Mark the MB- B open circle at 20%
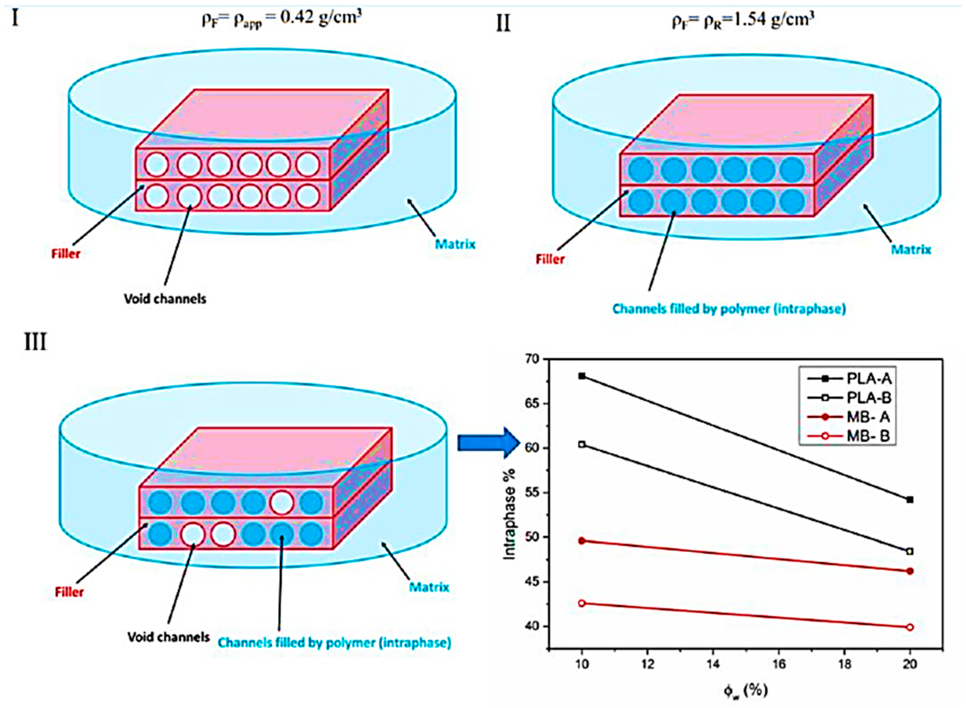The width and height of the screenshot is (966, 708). tap(910, 627)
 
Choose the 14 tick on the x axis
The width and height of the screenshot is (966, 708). tap(713, 664)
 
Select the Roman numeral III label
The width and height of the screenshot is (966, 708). tap(35, 342)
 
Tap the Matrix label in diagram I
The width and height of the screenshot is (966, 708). tap(455, 245)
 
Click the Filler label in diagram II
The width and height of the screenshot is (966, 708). tap(550, 259)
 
